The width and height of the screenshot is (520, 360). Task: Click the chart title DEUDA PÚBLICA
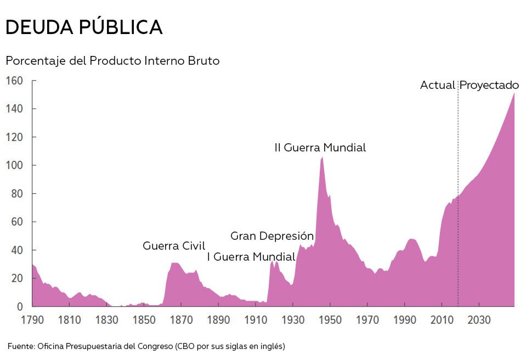click(84, 27)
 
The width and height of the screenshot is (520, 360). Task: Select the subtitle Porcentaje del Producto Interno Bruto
click(112, 61)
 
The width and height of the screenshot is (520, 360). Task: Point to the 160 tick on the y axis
click(14, 81)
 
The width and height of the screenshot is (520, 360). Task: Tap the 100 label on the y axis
click(14, 166)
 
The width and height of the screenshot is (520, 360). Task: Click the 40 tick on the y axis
click(17, 250)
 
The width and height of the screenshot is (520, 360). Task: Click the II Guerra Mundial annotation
click(320, 148)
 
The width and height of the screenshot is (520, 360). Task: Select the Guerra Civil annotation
click(174, 246)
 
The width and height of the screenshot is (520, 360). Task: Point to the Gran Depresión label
click(272, 236)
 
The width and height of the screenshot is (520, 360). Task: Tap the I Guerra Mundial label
click(251, 257)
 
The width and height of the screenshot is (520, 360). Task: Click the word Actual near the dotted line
click(437, 85)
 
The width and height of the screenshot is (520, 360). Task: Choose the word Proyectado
click(489, 85)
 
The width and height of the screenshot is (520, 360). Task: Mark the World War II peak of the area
click(322, 157)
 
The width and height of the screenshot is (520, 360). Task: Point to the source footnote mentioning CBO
click(146, 346)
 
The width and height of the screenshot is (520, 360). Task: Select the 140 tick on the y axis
click(14, 109)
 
